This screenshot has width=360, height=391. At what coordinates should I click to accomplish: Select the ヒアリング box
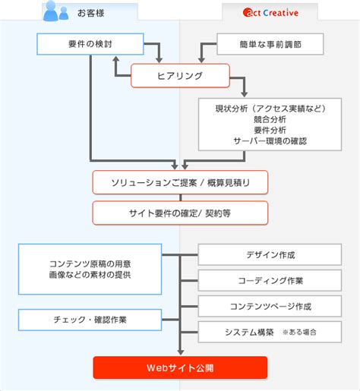click(180, 75)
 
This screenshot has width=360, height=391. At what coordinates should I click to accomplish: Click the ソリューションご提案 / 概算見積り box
click(180, 182)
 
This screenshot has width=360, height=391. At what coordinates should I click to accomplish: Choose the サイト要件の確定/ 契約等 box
click(180, 213)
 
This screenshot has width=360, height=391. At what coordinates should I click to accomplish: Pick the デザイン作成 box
click(265, 254)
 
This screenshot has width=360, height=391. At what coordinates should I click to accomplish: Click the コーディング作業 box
click(265, 280)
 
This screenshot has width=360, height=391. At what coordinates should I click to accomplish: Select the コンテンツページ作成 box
click(265, 306)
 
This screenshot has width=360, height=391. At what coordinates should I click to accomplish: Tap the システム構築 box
click(265, 332)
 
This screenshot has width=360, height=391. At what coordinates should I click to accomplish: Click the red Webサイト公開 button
click(180, 367)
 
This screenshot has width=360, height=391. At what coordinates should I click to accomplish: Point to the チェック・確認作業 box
click(90, 320)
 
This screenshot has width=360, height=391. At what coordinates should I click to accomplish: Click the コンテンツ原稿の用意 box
click(90, 269)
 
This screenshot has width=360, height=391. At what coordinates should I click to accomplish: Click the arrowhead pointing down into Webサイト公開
click(180, 352)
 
